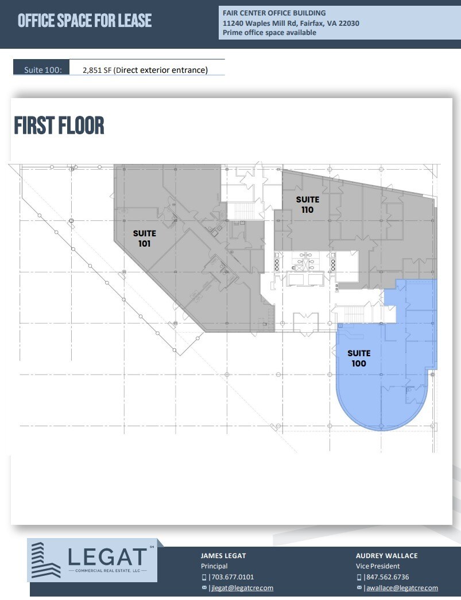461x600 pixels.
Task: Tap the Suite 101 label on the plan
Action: pyautogui.click(x=144, y=239)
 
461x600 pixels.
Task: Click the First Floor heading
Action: pyautogui.click(x=59, y=126)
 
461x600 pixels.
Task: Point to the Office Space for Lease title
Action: pyautogui.click(x=85, y=21)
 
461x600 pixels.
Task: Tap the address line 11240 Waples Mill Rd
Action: pyautogui.click(x=291, y=23)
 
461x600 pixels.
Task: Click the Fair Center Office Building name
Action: pyautogui.click(x=274, y=13)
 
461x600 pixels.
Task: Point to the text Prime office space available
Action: pyautogui.click(x=270, y=33)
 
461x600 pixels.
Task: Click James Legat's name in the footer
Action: pyautogui.click(x=223, y=556)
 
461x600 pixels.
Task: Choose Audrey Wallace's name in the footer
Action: pyautogui.click(x=386, y=556)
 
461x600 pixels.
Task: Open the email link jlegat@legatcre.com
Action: pyautogui.click(x=241, y=588)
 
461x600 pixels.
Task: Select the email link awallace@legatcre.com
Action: pyautogui.click(x=401, y=588)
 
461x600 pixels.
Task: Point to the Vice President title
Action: pyautogui.click(x=378, y=566)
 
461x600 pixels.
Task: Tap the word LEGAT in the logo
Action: pyautogui.click(x=108, y=556)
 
